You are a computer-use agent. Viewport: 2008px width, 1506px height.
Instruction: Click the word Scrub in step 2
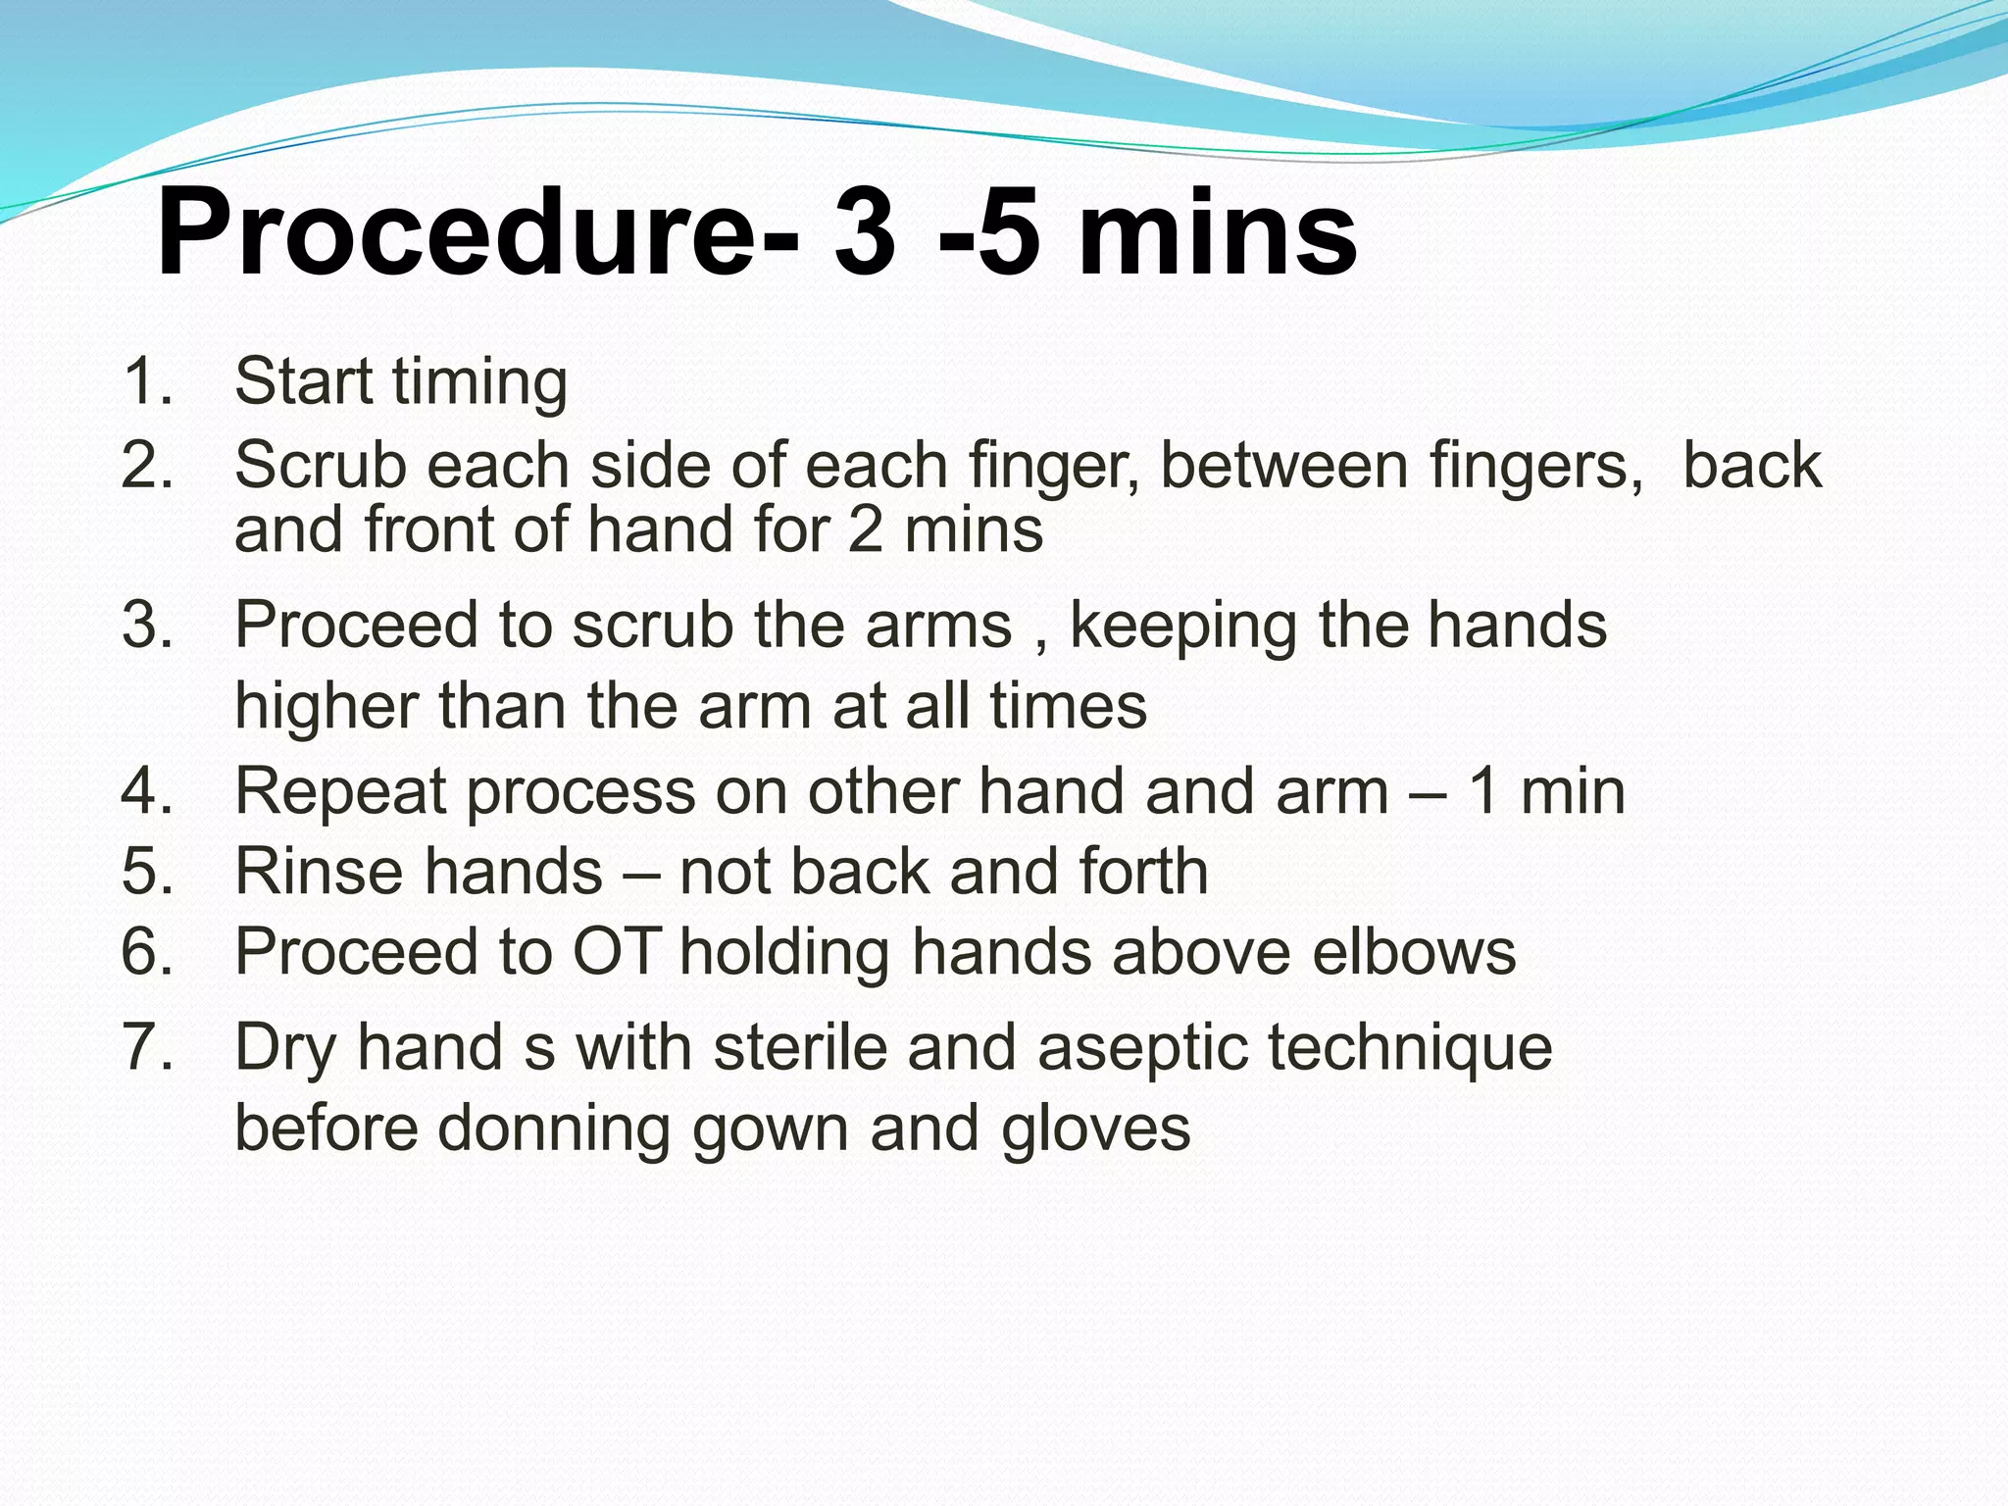pos(320,465)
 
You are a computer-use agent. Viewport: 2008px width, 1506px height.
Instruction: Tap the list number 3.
pos(147,626)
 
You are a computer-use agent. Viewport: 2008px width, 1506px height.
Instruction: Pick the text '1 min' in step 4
pos(1546,791)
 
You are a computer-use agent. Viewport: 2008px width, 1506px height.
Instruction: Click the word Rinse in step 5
pos(320,872)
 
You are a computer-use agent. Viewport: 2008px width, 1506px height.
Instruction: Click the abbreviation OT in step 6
pos(615,952)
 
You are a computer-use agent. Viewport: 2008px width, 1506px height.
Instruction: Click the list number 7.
pos(147,1047)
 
